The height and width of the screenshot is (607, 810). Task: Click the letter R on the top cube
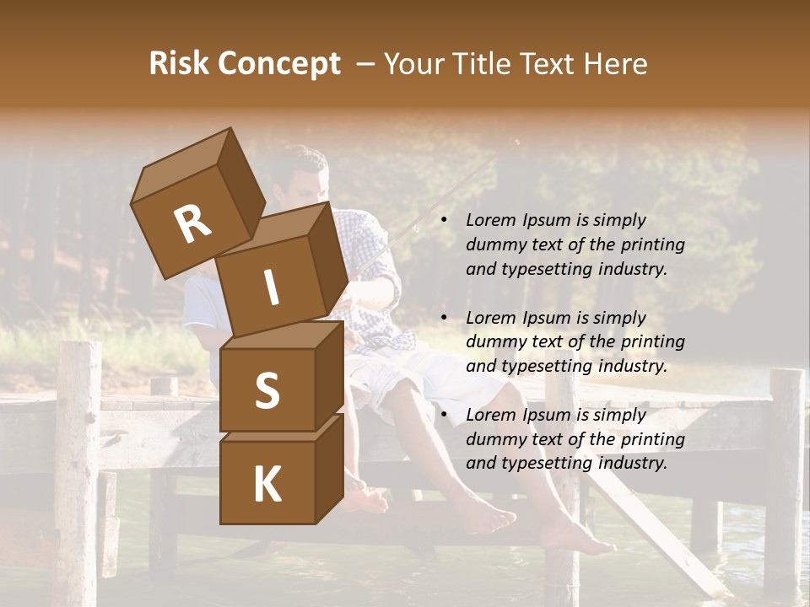[192, 223]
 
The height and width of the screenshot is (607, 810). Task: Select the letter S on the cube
[267, 392]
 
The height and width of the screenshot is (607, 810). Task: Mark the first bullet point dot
[443, 221]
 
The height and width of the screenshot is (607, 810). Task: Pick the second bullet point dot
[443, 318]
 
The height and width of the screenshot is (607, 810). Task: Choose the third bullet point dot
[443, 416]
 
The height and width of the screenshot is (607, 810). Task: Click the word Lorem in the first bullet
[489, 220]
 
